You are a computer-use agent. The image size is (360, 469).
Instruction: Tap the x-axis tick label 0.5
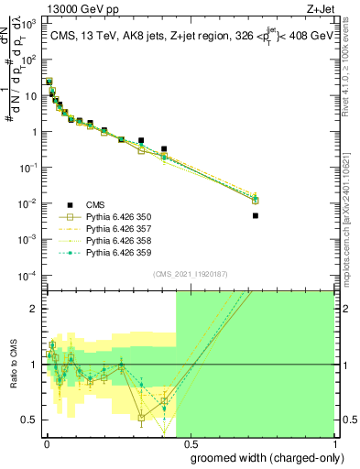point(190,442)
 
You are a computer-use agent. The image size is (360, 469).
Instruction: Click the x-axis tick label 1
point(333,442)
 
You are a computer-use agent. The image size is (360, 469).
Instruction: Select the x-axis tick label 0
point(46,442)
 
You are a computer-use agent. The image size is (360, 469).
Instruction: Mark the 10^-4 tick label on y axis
point(28,275)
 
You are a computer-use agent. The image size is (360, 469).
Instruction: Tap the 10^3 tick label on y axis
point(28,24)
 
